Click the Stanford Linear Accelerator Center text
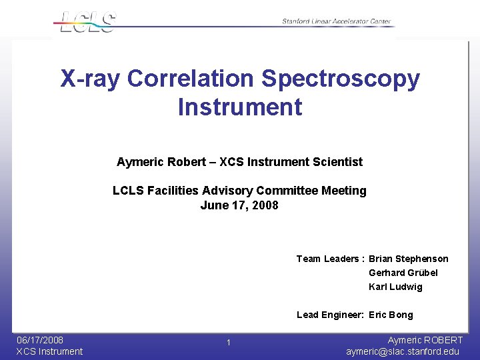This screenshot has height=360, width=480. [336, 22]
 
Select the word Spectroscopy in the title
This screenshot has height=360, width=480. [341, 79]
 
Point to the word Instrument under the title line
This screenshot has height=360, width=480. [240, 107]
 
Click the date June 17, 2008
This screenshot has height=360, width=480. [239, 205]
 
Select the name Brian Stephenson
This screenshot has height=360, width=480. [408, 259]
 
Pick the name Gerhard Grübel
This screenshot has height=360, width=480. [403, 273]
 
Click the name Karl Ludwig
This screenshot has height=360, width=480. [395, 287]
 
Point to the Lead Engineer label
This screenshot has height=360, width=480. [329, 315]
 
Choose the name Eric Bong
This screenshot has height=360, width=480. [391, 315]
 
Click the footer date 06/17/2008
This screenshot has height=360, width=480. [40, 340]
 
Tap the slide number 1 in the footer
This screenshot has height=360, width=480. [228, 343]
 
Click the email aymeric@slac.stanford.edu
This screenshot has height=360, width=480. [403, 351]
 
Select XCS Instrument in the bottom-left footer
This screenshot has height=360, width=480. [49, 351]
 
